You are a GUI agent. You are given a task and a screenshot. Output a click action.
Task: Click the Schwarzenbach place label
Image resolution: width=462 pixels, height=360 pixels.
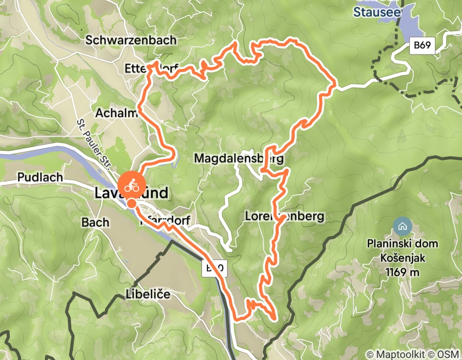(131, 40)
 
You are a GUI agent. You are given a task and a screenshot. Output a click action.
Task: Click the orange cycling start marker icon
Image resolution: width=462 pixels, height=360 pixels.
(131, 185)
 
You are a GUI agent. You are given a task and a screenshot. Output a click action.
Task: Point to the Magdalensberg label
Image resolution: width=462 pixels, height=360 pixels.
(238, 159)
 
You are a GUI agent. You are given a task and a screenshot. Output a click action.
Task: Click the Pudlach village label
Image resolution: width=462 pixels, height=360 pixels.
(40, 177)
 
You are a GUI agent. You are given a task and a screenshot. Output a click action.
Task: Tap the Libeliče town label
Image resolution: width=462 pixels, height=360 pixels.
(148, 295)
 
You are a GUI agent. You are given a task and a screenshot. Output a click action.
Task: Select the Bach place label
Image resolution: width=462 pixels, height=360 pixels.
(95, 222)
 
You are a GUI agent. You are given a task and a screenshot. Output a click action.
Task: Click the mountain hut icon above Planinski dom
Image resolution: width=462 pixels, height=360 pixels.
(402, 225)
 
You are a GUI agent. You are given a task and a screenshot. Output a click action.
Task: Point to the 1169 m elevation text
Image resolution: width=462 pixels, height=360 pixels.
(402, 272)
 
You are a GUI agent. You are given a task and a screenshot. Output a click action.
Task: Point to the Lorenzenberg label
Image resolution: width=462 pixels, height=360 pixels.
(285, 217)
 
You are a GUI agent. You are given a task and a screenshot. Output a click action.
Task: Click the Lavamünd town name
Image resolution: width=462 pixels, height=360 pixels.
(131, 193)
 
